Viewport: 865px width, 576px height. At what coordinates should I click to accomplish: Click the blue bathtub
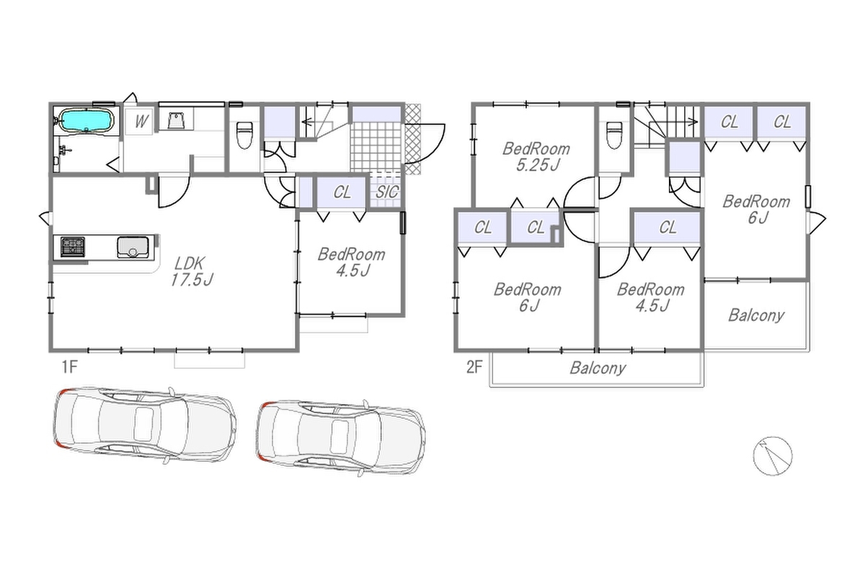pos(87,120)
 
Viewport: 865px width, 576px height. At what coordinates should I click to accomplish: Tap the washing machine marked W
pos(139,121)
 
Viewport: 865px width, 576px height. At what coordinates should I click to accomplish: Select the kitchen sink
pos(133,247)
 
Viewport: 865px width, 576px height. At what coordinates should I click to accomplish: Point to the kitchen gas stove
pos(73,247)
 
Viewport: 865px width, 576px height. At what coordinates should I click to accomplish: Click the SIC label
pos(386,192)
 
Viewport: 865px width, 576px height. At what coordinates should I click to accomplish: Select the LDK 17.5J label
pos(192,271)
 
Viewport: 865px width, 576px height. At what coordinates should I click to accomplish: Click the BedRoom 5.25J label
pos(536,157)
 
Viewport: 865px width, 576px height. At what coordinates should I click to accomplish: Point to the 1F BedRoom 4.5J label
pos(352,262)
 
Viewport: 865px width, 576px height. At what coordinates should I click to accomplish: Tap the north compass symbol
pos(773,456)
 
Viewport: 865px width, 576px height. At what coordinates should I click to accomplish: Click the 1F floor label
pos(70,367)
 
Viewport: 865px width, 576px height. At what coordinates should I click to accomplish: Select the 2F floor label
pos(474,367)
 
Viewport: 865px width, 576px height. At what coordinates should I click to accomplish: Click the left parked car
pos(145,425)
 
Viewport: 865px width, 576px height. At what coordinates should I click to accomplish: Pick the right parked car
pos(340,438)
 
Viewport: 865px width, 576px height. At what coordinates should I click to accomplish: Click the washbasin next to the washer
pos(176,121)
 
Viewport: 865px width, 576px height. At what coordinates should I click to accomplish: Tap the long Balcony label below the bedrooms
pos(598,368)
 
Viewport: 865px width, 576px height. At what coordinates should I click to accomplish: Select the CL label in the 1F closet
pos(342,192)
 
